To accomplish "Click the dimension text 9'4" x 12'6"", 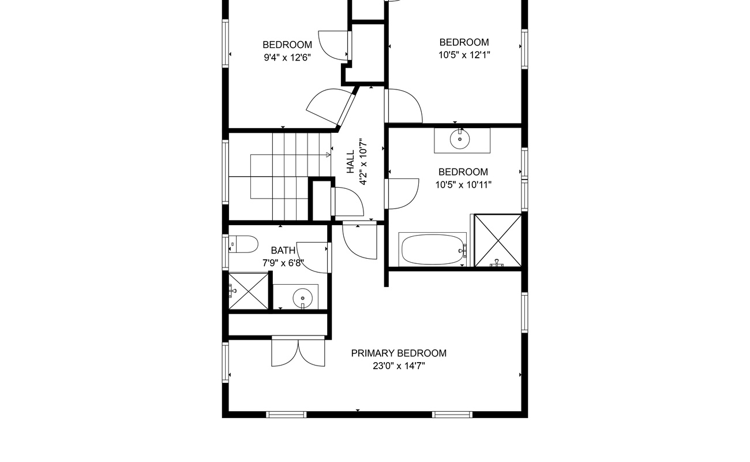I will pos(287,57).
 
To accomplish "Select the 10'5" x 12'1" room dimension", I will pos(464,55).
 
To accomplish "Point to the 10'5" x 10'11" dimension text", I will pos(463,185).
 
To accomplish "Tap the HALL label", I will pos(351,162).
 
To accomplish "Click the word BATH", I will pos(283,251).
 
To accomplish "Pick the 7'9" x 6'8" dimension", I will pos(283,263).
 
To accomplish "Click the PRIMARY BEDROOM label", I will pos(399,353).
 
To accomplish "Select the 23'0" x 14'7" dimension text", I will pos(399,366).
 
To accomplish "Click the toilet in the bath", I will pos(243,245).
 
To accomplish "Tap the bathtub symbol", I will pos(432,249).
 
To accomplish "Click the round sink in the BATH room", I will pos(302,299).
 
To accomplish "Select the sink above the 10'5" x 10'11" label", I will pos(460,140).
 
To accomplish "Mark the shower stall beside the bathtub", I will pos(497,240).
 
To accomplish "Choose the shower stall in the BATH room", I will pos(249,290).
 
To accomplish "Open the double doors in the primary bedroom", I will pos(299,352).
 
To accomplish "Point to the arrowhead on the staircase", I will pos(328,155).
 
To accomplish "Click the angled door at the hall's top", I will pos(332,107).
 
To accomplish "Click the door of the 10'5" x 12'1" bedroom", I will pos(404,105).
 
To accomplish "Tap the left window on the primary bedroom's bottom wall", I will pos(286,414).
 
